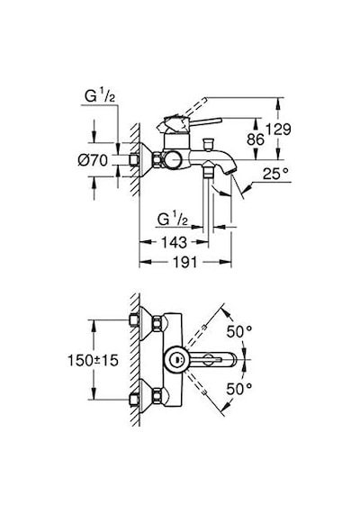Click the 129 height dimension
click(x=278, y=130)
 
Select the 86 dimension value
click(x=256, y=139)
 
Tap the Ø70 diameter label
click(x=93, y=160)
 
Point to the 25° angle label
click(x=276, y=174)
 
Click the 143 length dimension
click(x=174, y=242)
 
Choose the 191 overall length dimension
click(x=184, y=262)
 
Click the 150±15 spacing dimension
click(x=93, y=360)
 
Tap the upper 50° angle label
click(x=239, y=332)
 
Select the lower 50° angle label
click(x=239, y=389)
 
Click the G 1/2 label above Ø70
click(x=100, y=96)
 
